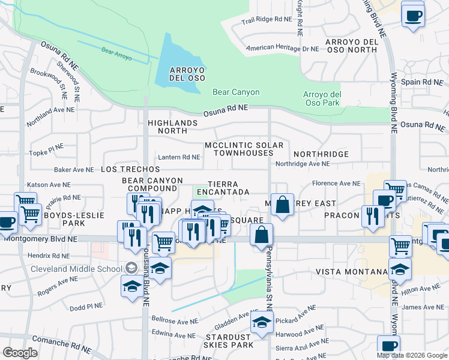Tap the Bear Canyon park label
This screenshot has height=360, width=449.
click(236, 92)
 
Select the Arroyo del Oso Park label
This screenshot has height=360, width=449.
click(322, 98)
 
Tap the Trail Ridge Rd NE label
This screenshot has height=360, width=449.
click(266, 20)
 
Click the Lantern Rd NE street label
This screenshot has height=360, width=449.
click(178, 157)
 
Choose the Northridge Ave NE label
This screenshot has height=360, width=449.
click(303, 163)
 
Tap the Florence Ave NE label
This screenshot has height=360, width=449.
click(336, 184)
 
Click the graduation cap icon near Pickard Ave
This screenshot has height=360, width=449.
click(261, 324)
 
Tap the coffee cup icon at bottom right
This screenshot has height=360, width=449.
click(388, 346)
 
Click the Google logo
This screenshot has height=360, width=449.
click(20, 353)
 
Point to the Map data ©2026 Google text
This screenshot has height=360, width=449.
click(412, 355)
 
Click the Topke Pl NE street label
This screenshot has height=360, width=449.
click(46, 152)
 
